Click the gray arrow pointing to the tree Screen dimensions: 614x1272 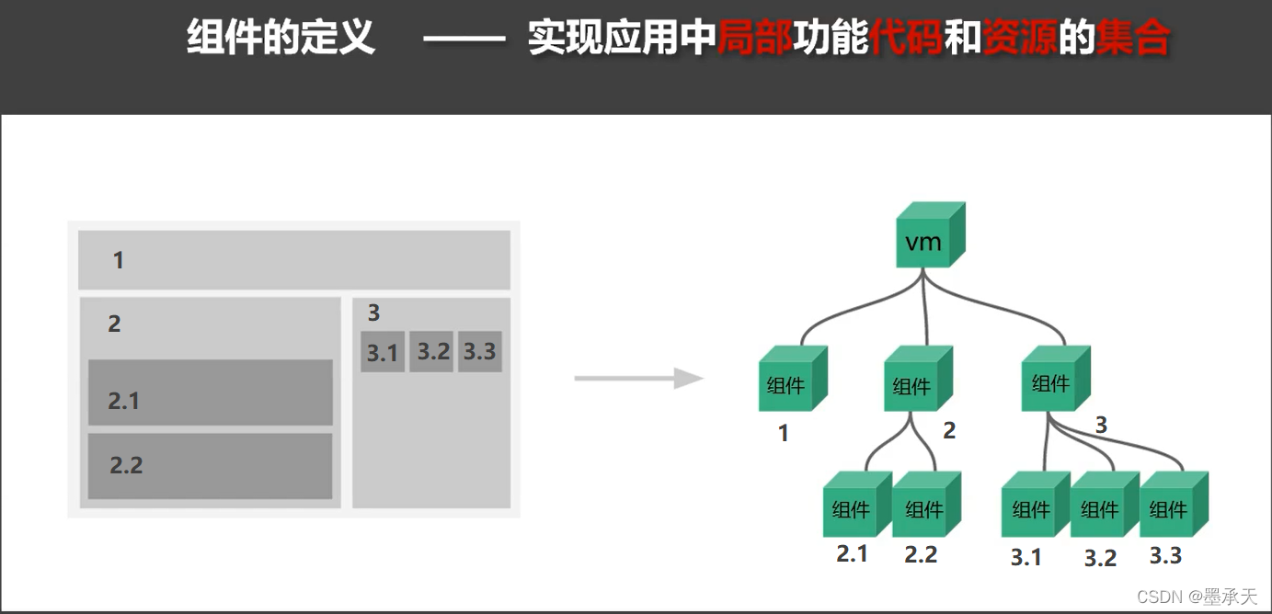pyautogui.click(x=638, y=378)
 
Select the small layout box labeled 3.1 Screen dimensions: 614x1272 pyautogui.click(x=383, y=352)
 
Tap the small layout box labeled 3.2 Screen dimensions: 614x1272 pyautogui.click(x=432, y=351)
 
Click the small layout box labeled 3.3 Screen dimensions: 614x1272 pyautogui.click(x=480, y=351)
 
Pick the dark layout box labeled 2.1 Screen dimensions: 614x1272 pyautogui.click(x=211, y=393)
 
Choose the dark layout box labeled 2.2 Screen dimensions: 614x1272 pyautogui.click(x=211, y=466)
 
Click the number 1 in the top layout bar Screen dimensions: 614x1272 pyautogui.click(x=118, y=261)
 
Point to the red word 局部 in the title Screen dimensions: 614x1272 pyautogui.click(x=754, y=40)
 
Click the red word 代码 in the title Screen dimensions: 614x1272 pyautogui.click(x=906, y=40)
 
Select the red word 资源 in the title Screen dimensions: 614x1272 pyautogui.click(x=1019, y=40)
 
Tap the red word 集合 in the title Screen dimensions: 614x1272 pyautogui.click(x=1133, y=40)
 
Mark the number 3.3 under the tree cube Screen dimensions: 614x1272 pyautogui.click(x=1165, y=555)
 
